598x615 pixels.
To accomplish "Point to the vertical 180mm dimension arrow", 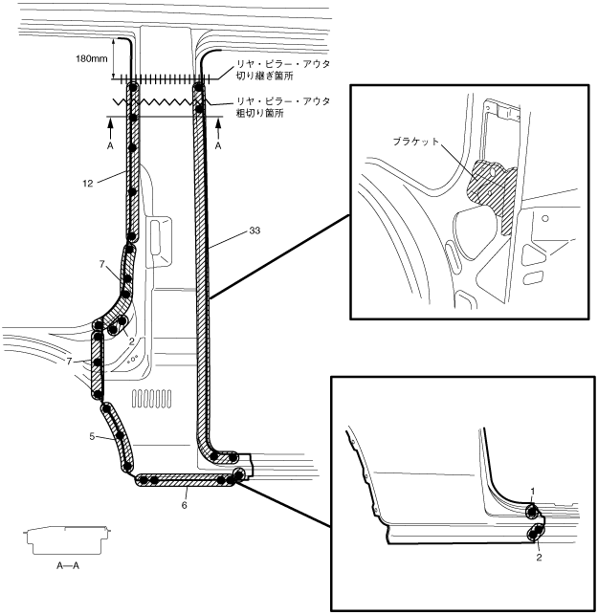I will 117,58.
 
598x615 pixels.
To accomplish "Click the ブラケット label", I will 417,141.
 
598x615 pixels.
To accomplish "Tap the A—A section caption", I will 68,565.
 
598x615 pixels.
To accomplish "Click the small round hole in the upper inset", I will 544,219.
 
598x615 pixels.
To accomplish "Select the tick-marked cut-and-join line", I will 163,77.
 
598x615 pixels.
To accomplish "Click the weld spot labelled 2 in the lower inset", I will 537,531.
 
